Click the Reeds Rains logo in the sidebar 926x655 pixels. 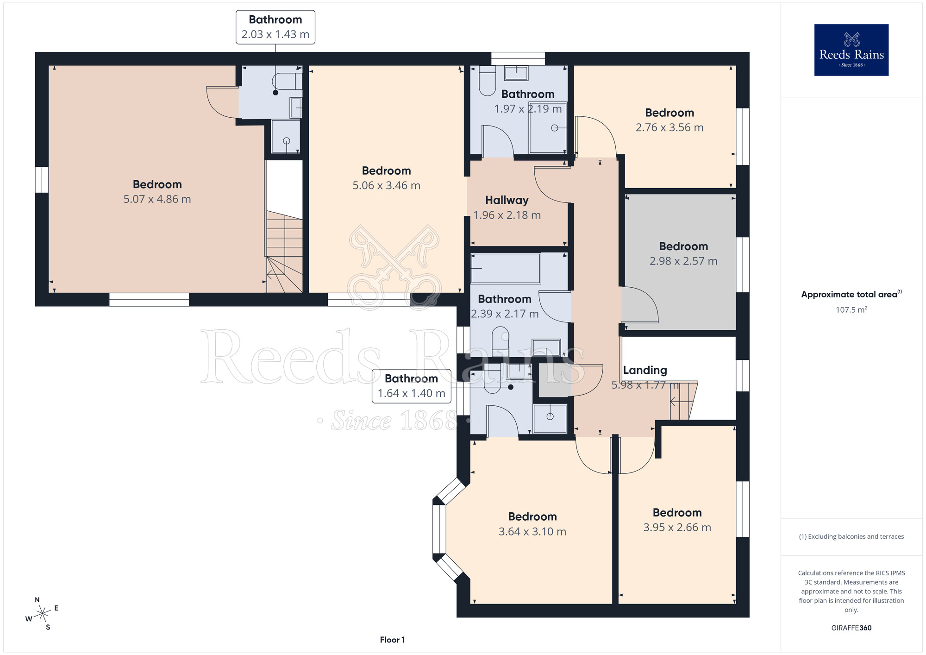(x=851, y=50)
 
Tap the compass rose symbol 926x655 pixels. (x=43, y=614)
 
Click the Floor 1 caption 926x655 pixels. (x=392, y=640)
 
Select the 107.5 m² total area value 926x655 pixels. (x=851, y=309)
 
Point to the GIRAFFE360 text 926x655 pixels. (x=851, y=628)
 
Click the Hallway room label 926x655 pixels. (x=507, y=200)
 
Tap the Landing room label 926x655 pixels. (x=645, y=370)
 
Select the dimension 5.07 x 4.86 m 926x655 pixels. (x=157, y=199)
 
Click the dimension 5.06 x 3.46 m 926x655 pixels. (x=386, y=186)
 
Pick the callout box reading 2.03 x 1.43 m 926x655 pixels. (x=275, y=27)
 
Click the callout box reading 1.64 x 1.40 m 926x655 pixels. (x=411, y=386)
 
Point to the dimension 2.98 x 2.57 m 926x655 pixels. (x=683, y=261)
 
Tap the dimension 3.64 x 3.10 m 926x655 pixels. (x=532, y=532)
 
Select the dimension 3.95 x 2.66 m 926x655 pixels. (x=677, y=528)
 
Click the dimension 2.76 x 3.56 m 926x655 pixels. (x=669, y=127)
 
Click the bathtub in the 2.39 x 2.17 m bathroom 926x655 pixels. (x=506, y=268)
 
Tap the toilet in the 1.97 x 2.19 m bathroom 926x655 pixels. (x=487, y=81)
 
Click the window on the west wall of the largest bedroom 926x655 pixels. (x=42, y=180)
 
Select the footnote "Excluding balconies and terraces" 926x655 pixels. (x=851, y=536)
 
